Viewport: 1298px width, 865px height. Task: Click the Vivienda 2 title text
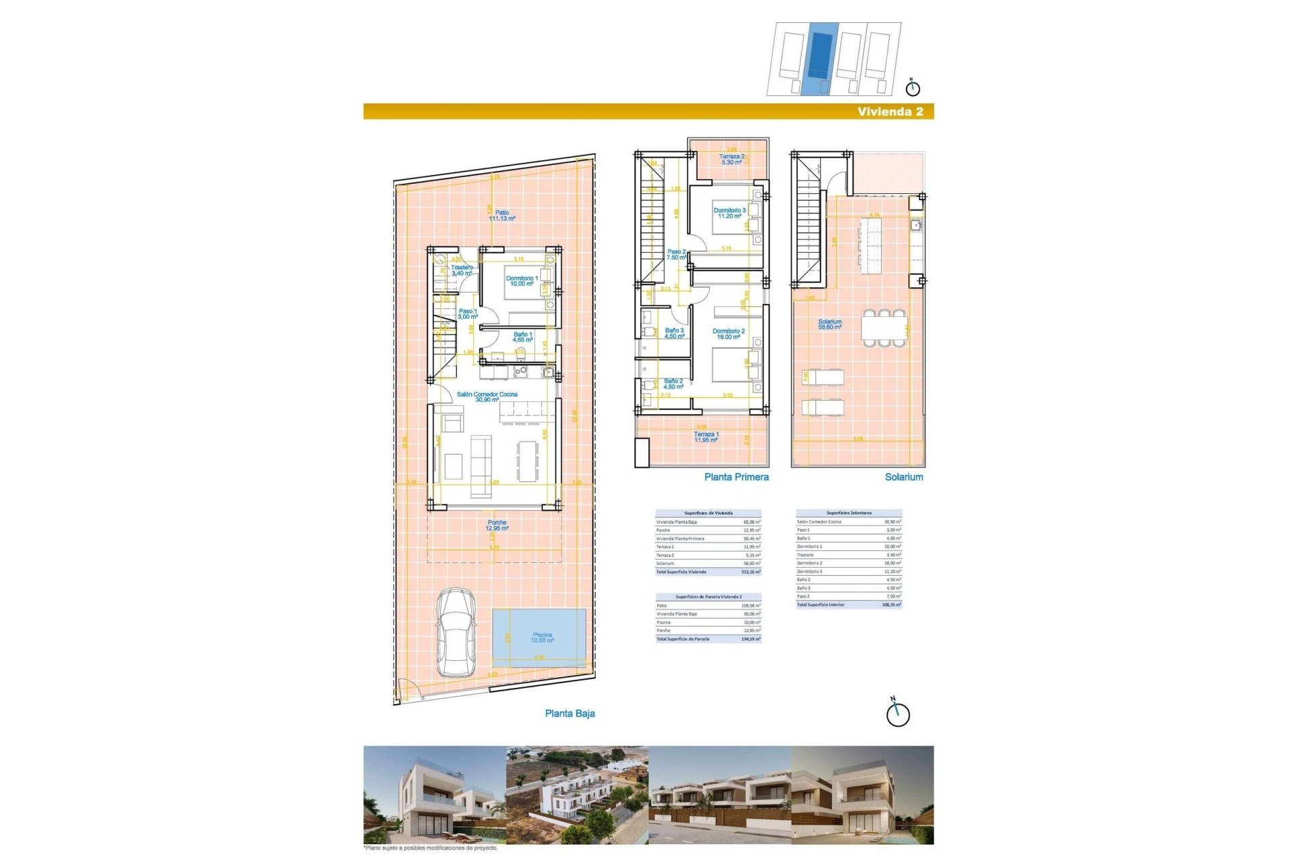(x=890, y=112)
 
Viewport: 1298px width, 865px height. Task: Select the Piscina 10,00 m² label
(x=542, y=637)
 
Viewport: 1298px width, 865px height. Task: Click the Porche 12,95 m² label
(x=497, y=525)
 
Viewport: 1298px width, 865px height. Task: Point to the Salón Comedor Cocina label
(x=487, y=397)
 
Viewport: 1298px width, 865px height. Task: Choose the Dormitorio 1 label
(x=522, y=280)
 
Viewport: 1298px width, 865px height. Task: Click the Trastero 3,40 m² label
(x=462, y=270)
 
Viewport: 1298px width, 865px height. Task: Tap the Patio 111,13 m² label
(x=502, y=216)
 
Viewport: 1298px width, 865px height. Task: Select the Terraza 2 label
(x=731, y=159)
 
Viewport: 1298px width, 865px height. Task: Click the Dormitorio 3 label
(x=729, y=213)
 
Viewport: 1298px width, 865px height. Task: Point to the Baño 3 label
(x=674, y=333)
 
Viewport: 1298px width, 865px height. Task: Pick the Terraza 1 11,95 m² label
(x=706, y=437)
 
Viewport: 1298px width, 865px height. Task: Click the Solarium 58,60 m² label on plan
(x=830, y=324)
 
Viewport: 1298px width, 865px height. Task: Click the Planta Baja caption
(x=569, y=714)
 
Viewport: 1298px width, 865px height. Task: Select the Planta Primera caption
(x=736, y=477)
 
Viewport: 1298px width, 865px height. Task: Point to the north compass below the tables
(x=898, y=713)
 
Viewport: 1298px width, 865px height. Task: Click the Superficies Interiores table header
(x=848, y=513)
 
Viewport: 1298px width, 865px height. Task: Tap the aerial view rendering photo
(x=577, y=795)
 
